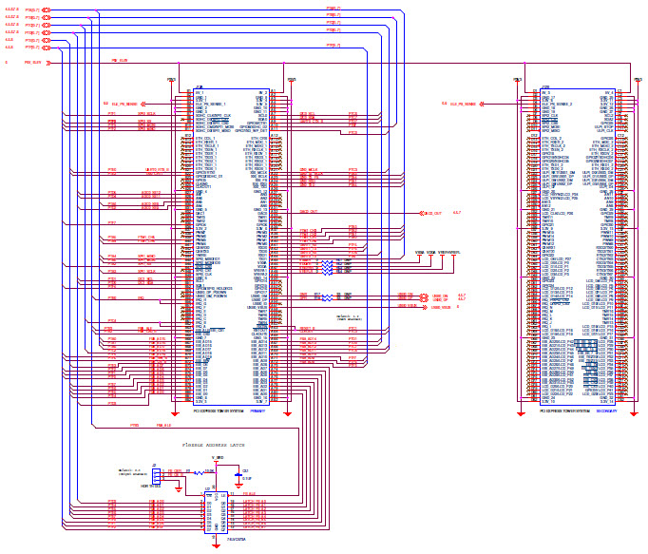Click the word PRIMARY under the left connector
pyautogui.click(x=259, y=411)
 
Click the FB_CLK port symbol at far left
pyautogui.click(x=47, y=63)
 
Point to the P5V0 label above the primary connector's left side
pyautogui.click(x=172, y=81)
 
